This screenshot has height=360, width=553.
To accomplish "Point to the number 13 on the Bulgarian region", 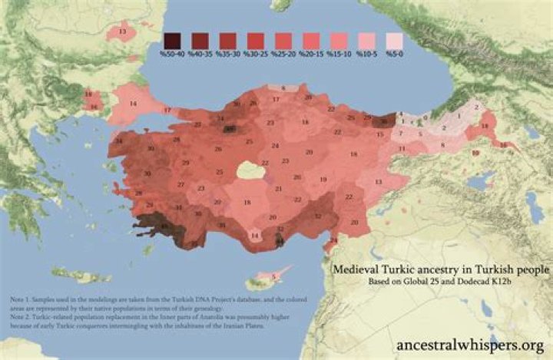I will click(x=122, y=31).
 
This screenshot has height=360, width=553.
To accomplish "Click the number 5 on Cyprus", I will click(x=273, y=276).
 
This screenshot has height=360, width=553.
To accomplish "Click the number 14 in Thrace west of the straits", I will click(x=133, y=104).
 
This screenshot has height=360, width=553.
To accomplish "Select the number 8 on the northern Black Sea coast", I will click(x=283, y=88).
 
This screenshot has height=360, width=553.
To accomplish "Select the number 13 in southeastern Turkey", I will click(x=378, y=182).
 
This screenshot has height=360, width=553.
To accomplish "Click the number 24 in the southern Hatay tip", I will click(x=333, y=243).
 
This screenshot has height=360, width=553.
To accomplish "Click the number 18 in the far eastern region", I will click(x=485, y=125).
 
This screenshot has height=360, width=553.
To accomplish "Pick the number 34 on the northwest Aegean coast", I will click(x=118, y=142).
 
